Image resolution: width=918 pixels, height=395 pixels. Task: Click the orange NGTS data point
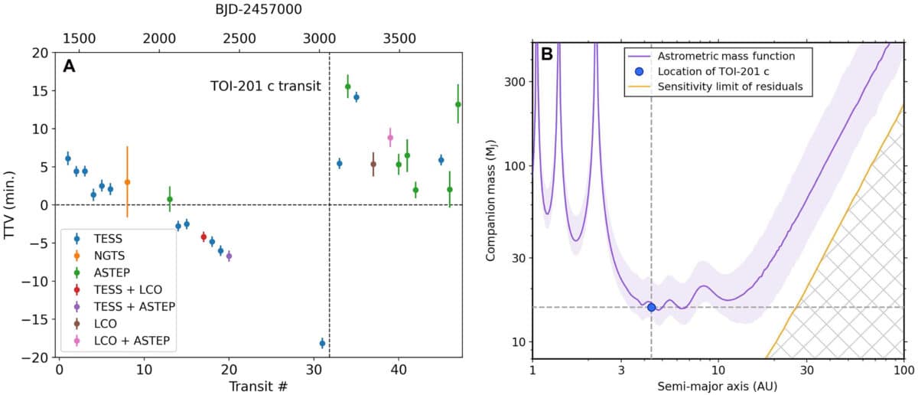[127, 182]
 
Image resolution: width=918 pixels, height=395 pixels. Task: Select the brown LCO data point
[373, 164]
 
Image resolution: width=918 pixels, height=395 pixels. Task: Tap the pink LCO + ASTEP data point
[390, 137]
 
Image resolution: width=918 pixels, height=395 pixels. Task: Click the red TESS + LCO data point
[203, 237]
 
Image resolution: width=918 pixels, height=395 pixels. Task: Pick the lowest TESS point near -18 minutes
[322, 343]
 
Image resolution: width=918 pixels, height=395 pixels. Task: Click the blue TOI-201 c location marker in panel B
[651, 307]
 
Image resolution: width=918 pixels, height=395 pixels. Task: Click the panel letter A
[69, 67]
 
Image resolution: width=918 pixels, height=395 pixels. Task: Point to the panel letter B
[547, 54]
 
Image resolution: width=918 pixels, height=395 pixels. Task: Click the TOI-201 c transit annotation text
[265, 87]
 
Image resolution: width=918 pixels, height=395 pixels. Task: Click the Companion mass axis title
[492, 204]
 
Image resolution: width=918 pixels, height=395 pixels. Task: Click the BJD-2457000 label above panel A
[255, 10]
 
